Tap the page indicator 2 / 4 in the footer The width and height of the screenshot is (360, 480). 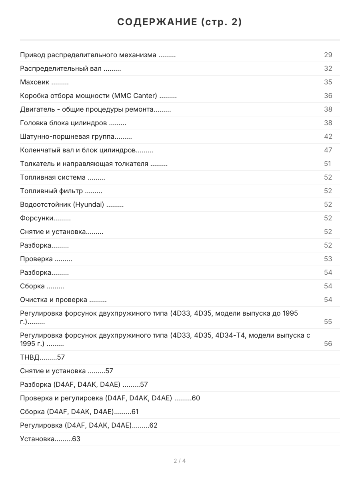click(180, 461)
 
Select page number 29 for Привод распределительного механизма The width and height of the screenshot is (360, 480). click(328, 55)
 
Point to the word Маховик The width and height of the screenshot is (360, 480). click(35, 82)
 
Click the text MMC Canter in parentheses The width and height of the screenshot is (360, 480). click(135, 96)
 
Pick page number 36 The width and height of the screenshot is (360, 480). click(328, 96)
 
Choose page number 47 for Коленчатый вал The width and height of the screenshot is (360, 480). click(328, 150)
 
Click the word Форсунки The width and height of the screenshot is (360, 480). click(37, 218)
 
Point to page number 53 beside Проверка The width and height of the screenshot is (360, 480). click(328, 259)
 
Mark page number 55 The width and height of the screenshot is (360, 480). click(328, 322)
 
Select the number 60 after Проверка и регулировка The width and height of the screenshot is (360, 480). click(196, 398)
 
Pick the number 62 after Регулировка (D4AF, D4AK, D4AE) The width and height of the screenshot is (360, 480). click(153, 426)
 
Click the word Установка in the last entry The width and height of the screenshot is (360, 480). click(37, 439)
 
